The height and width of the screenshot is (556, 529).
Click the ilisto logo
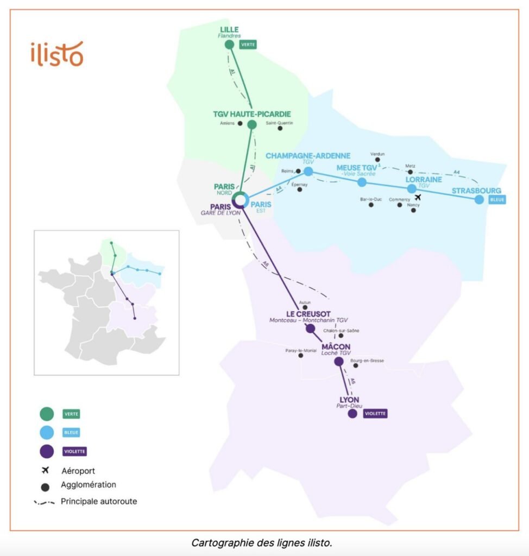(57, 53)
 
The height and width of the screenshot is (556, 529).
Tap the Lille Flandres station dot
(229, 45)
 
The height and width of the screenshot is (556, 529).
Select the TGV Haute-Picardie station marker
(252, 124)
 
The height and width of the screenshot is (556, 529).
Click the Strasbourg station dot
(479, 199)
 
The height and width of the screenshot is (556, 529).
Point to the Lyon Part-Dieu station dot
(352, 414)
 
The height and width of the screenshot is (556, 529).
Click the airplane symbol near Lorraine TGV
(418, 198)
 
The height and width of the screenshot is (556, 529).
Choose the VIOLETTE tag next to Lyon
(375, 414)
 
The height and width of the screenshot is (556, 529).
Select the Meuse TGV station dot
(362, 182)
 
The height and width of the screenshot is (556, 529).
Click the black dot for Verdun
(377, 160)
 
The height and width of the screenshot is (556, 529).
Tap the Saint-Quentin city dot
(280, 129)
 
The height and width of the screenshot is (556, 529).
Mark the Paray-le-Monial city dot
(300, 355)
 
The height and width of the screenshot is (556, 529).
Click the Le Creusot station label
(309, 313)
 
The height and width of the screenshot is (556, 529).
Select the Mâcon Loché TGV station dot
(339, 361)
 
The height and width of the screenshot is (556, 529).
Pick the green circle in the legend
(47, 414)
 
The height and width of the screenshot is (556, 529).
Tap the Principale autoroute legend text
(99, 501)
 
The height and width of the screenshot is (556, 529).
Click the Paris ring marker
(240, 200)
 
